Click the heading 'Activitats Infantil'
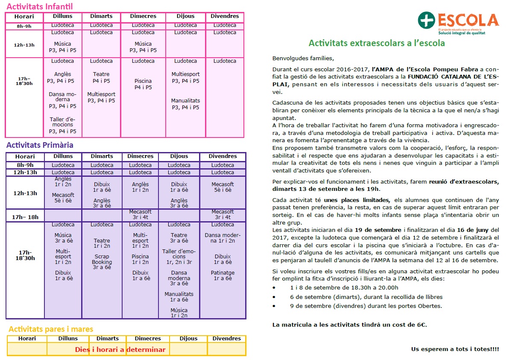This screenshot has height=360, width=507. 40,6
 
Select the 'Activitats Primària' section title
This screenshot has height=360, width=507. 40,145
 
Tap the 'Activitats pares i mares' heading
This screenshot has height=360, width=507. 51,329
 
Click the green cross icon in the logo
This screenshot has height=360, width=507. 425,20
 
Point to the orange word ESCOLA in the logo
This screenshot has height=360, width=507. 468,20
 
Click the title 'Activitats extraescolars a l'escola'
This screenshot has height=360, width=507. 377,43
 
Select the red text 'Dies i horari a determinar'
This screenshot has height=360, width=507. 120,350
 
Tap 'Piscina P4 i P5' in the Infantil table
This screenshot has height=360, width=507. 143,84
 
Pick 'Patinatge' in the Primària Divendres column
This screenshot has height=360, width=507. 223,273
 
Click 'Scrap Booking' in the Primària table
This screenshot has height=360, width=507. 102,260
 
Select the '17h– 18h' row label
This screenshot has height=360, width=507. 25,217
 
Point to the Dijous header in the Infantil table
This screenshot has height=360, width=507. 186,16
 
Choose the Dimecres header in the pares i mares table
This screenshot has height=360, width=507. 148,339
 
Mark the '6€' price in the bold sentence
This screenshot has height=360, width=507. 421,325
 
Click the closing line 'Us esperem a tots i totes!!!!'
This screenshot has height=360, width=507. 455,349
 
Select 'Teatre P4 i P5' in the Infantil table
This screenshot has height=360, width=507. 101,77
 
